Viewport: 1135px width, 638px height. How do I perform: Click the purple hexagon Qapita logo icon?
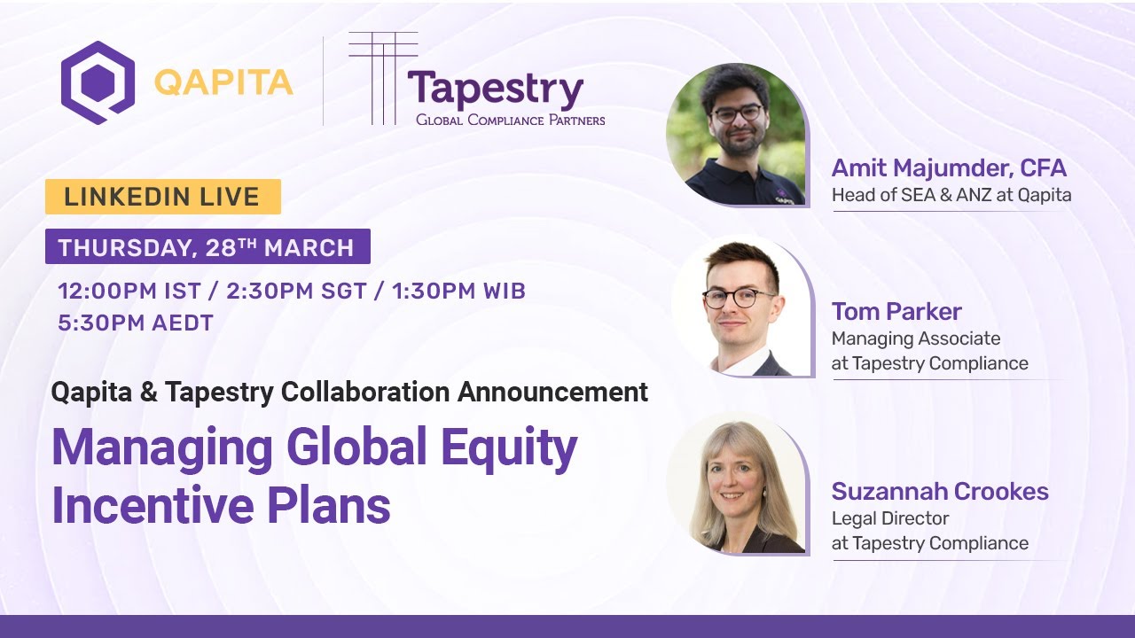[98, 82]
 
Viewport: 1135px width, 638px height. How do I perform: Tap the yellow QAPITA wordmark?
[223, 82]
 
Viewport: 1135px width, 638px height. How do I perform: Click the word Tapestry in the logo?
[495, 89]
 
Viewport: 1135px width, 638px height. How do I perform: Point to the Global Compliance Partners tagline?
[511, 120]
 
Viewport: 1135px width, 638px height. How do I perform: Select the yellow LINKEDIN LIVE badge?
[162, 197]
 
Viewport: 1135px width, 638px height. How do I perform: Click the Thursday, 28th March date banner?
[207, 247]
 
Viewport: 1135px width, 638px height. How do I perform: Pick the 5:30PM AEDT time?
[136, 323]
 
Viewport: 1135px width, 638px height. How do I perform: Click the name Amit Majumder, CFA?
[949, 168]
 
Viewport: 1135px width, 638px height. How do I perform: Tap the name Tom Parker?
[896, 312]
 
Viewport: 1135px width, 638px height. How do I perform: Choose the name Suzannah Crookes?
[940, 492]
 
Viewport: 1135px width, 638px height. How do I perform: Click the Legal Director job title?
[890, 518]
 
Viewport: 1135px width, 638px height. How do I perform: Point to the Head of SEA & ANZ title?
[951, 195]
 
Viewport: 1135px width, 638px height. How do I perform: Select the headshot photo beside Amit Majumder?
[736, 136]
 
